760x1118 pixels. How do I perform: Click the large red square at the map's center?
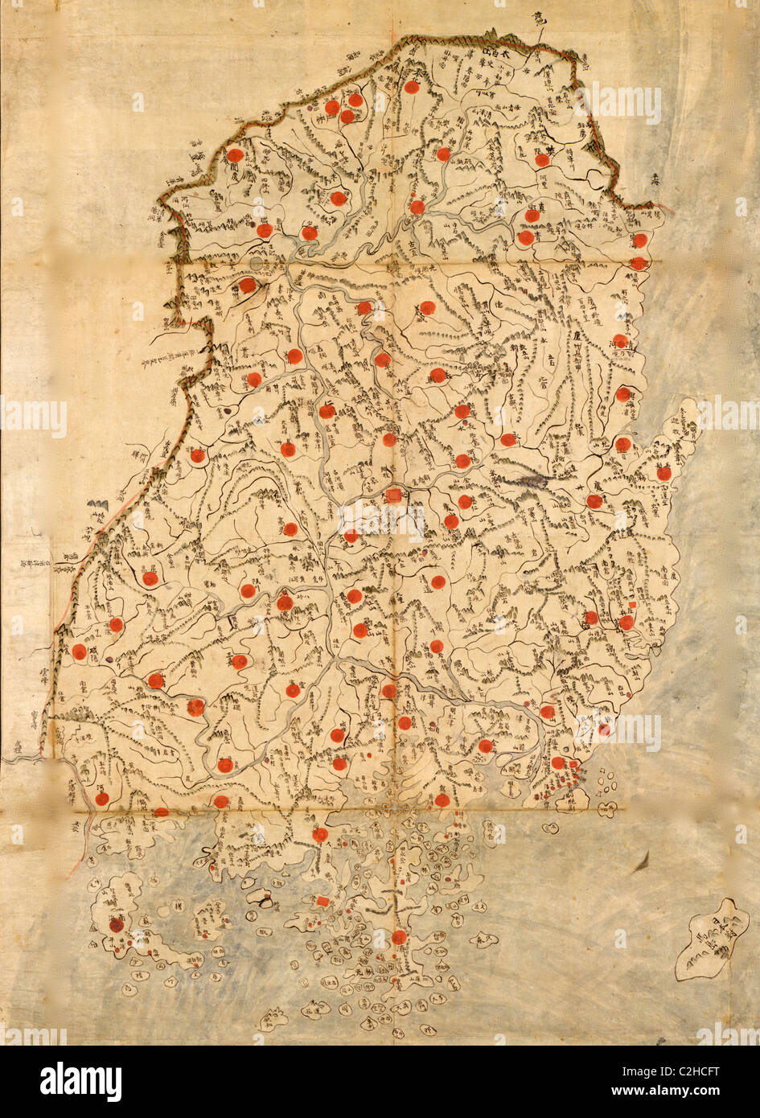tap(393, 495)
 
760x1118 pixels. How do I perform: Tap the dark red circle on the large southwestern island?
tap(117, 925)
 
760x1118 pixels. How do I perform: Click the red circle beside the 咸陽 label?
tap(79, 651)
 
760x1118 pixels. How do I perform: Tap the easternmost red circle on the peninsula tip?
tap(663, 473)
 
